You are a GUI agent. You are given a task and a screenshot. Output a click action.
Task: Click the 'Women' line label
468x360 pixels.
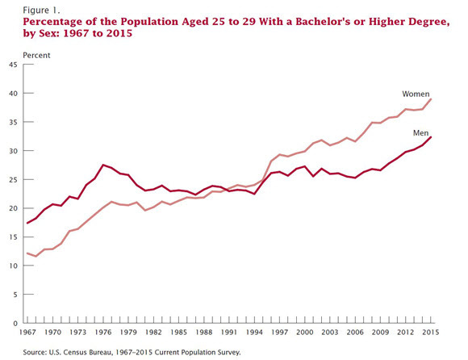click(x=416, y=94)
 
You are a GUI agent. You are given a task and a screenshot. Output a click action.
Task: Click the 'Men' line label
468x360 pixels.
click(x=420, y=133)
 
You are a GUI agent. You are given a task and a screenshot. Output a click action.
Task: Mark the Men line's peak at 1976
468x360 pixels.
click(x=103, y=165)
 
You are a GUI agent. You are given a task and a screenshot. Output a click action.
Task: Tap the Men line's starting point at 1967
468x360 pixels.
click(x=27, y=223)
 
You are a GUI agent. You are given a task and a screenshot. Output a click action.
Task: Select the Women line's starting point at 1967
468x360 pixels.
click(x=27, y=253)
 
